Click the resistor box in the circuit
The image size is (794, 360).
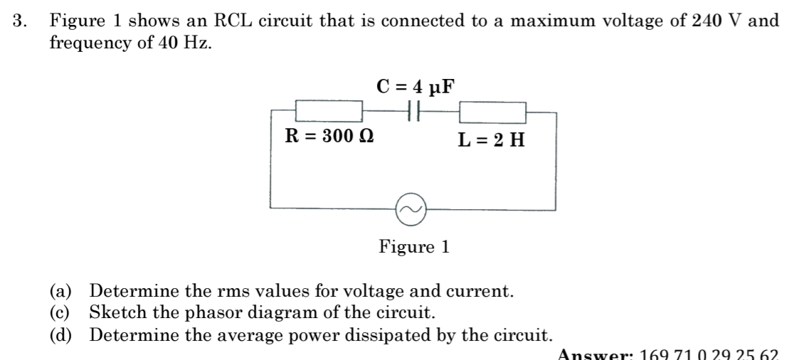329,111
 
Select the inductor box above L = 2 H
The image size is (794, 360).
492,112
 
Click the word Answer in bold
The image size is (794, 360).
593,354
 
